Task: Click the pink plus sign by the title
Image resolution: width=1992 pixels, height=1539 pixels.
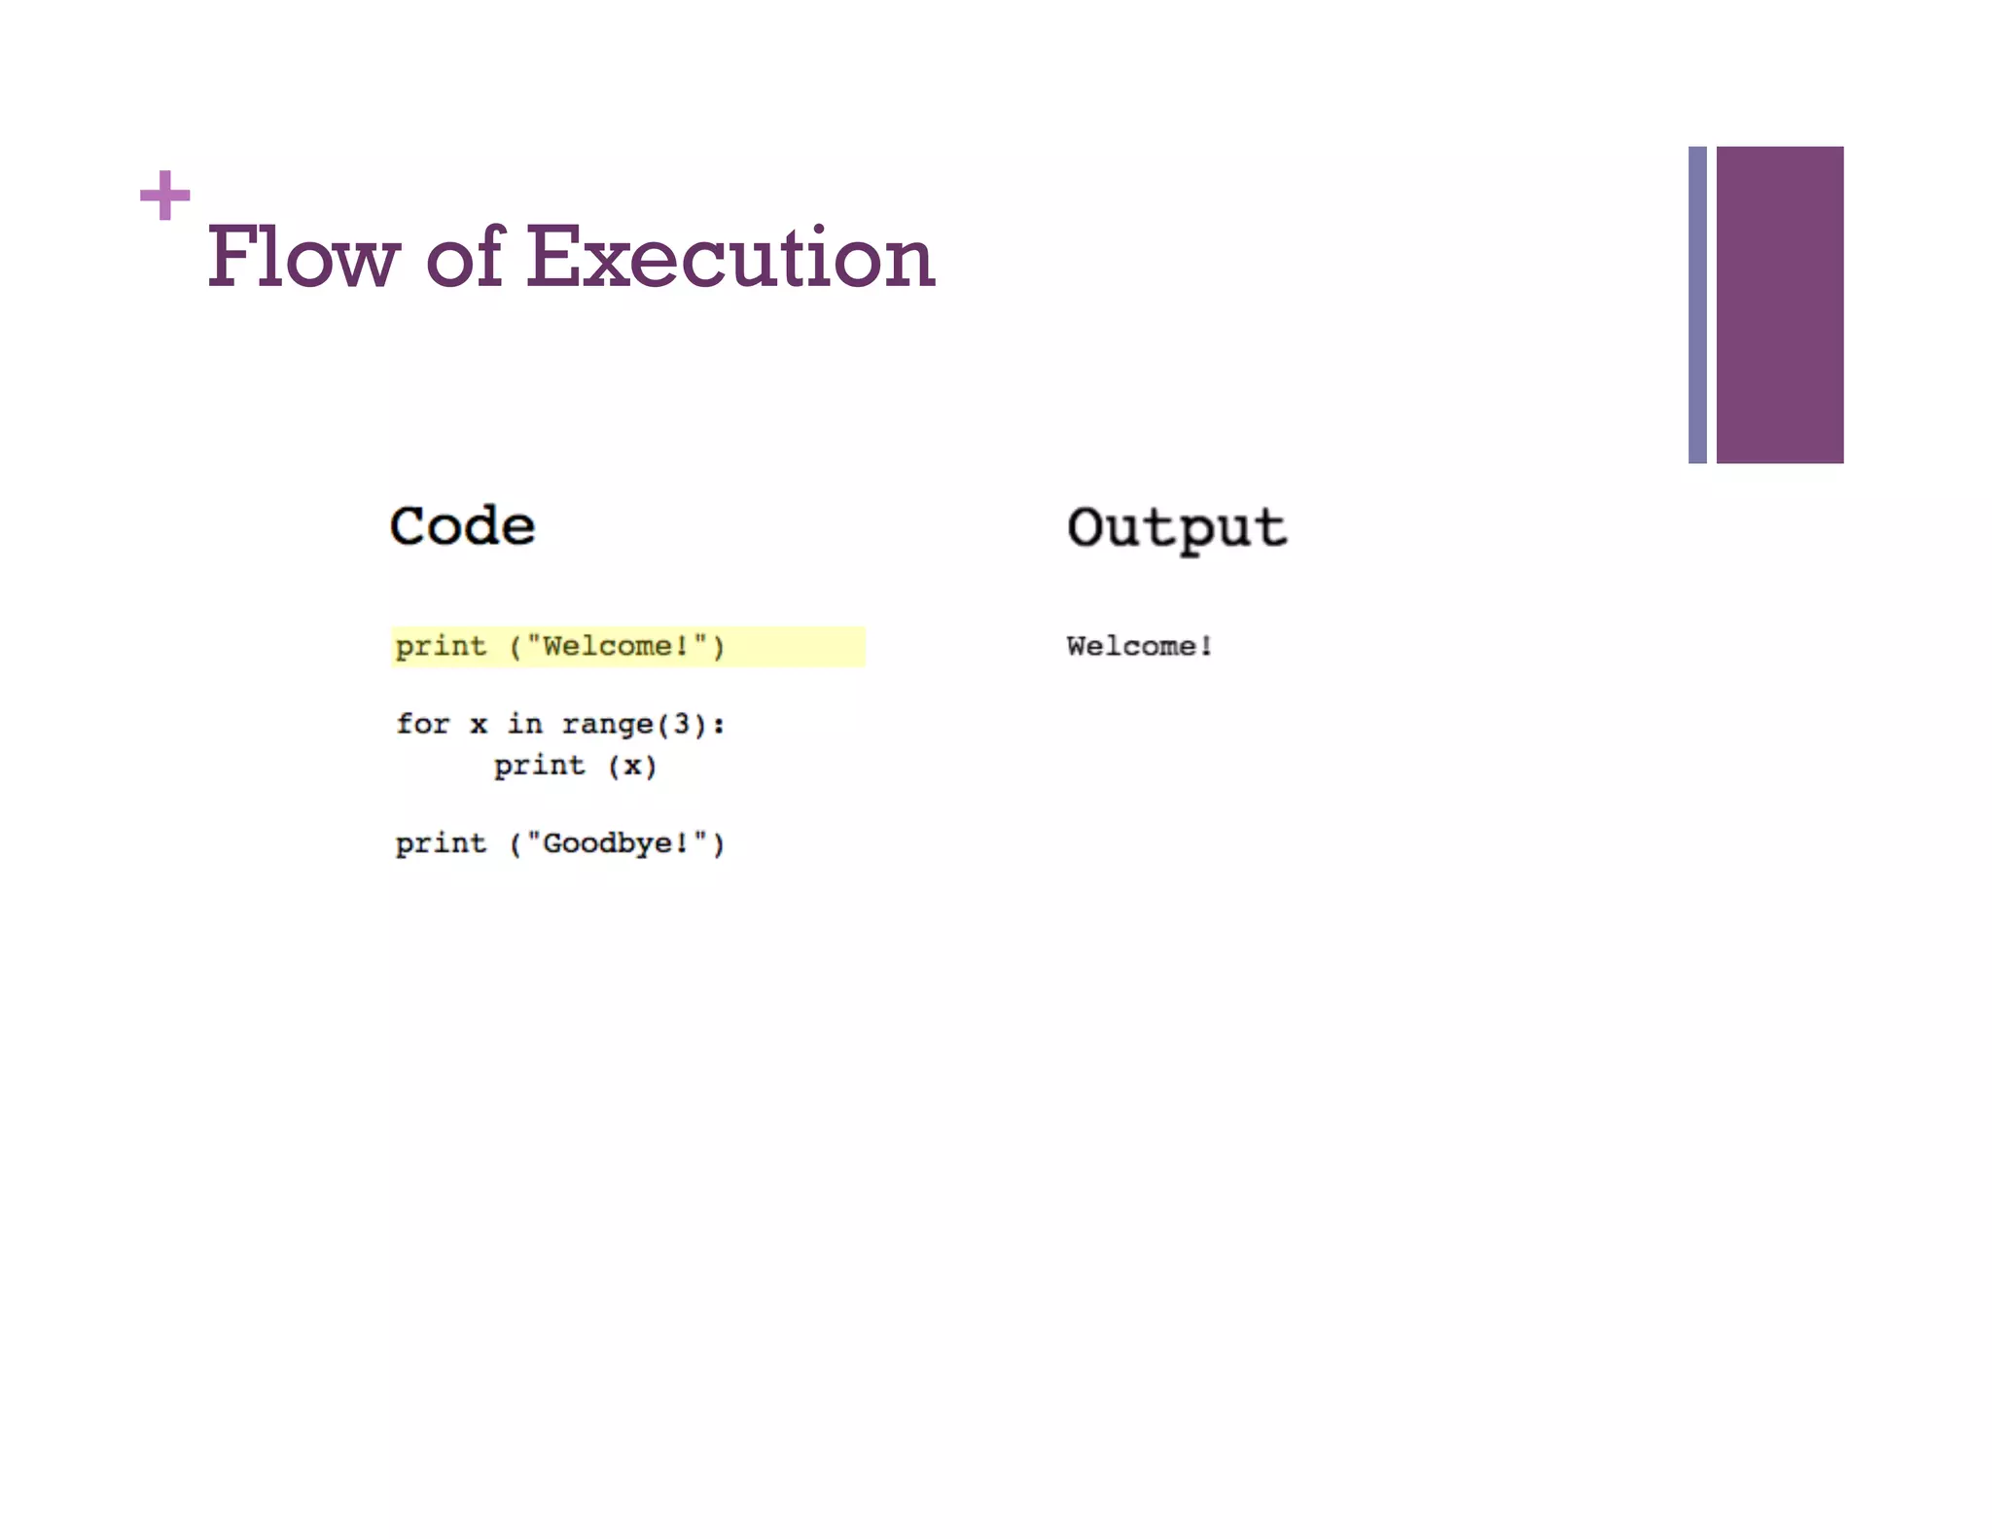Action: (164, 196)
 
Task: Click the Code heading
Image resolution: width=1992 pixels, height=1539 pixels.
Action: (462, 526)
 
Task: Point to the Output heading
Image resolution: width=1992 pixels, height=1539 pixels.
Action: (1176, 528)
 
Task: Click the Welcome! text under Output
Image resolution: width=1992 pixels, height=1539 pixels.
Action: (1139, 646)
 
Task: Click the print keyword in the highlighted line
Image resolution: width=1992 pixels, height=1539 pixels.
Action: (441, 646)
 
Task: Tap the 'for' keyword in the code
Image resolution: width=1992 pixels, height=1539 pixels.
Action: (422, 724)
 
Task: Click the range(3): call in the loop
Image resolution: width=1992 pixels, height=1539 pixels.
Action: (643, 724)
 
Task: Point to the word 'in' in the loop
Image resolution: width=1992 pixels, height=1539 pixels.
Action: (524, 724)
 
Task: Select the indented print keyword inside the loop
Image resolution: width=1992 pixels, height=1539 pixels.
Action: (539, 766)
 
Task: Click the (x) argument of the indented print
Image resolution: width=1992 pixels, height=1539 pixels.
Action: (632, 767)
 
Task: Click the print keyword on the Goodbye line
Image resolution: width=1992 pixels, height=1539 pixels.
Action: (441, 842)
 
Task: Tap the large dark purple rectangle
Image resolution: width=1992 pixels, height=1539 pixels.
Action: (1779, 304)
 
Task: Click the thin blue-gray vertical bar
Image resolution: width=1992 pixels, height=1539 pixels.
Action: (1697, 304)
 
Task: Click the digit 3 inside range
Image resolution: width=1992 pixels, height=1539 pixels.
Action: (682, 724)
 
